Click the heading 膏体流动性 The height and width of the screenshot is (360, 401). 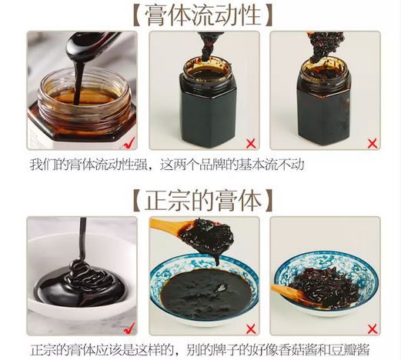tap(202, 15)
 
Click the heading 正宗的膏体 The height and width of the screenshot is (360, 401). tap(202, 201)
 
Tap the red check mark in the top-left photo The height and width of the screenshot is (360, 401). tap(129, 143)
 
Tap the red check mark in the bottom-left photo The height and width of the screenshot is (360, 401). tap(129, 328)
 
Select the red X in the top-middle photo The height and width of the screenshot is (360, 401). tap(251, 144)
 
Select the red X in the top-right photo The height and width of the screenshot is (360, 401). tap(373, 144)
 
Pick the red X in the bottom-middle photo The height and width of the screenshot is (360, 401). tap(251, 328)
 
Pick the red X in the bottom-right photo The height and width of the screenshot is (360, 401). tap(373, 328)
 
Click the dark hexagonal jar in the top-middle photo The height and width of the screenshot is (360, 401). tap(207, 102)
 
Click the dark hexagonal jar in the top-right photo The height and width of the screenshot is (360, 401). tap(324, 102)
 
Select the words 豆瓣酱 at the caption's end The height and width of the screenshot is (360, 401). tap(355, 349)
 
